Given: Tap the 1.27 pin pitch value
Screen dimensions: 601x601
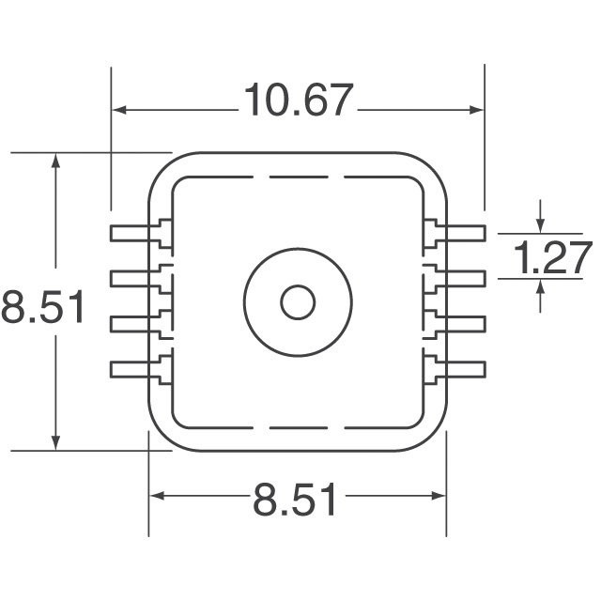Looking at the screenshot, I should [x=555, y=257].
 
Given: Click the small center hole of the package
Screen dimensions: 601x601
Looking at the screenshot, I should [x=298, y=302].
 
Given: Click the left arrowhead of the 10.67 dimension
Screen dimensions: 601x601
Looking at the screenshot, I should [x=120, y=110].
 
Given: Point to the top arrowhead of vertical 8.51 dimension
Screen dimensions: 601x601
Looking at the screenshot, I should [x=57, y=162].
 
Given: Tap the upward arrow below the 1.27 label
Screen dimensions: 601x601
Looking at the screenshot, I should [x=540, y=286].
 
